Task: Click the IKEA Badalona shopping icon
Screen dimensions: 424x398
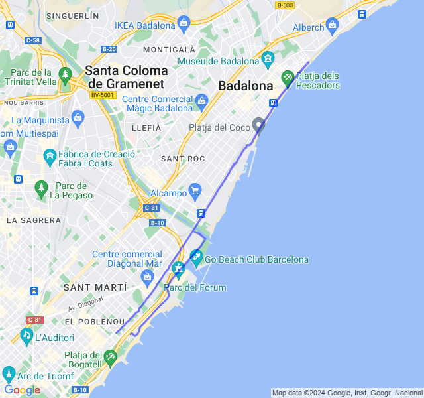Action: tap(184, 25)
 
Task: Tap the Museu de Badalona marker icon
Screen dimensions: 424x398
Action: tap(268, 60)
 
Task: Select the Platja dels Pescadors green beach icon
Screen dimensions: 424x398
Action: tap(288, 78)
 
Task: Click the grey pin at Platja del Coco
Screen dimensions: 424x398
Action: tap(259, 125)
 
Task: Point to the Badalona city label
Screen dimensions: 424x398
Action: tap(246, 86)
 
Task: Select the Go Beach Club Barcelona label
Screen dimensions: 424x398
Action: tap(257, 259)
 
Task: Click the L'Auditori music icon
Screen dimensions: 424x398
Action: tap(26, 336)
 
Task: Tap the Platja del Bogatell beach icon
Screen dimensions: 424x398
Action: tap(111, 358)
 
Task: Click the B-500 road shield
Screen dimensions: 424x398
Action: tap(286, 5)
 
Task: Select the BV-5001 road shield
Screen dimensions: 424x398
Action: tap(103, 95)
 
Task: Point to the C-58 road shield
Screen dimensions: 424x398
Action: tap(32, 40)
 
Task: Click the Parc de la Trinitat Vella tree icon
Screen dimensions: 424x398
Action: tap(65, 74)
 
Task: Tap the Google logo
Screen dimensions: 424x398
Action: tap(22, 390)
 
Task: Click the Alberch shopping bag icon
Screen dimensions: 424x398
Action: tap(332, 25)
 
